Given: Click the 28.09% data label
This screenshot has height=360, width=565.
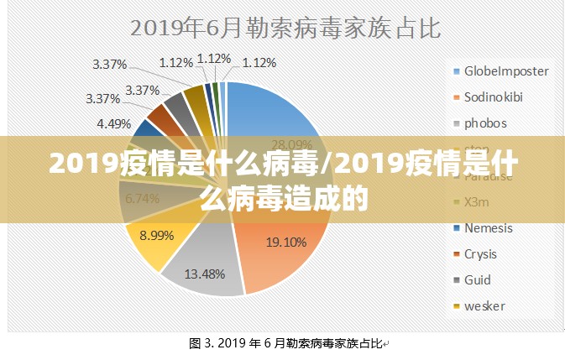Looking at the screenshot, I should point(292,143).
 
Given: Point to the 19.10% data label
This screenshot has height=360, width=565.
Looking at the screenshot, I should point(285,243).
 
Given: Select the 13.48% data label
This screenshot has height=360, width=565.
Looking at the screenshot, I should point(204,273).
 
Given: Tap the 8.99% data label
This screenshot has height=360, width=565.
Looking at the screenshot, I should point(156,236).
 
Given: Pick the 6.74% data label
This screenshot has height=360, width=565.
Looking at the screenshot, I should point(142,199).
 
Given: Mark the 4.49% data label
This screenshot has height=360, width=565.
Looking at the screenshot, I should point(113,123).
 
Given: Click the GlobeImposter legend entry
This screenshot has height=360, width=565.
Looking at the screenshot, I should point(505,70).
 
